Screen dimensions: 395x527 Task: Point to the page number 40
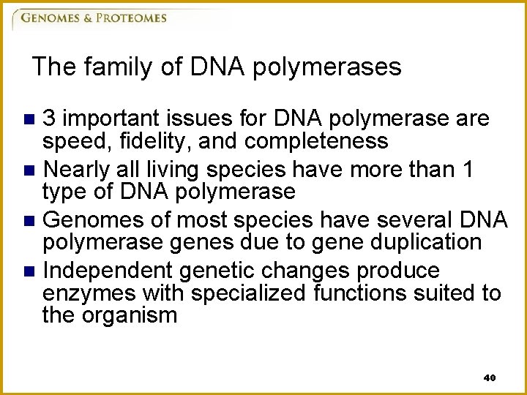pyautogui.click(x=490, y=378)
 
